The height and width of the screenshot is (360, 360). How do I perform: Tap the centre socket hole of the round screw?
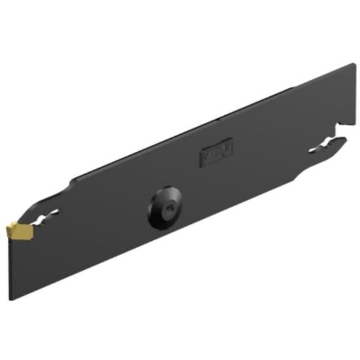(x=168, y=210)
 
